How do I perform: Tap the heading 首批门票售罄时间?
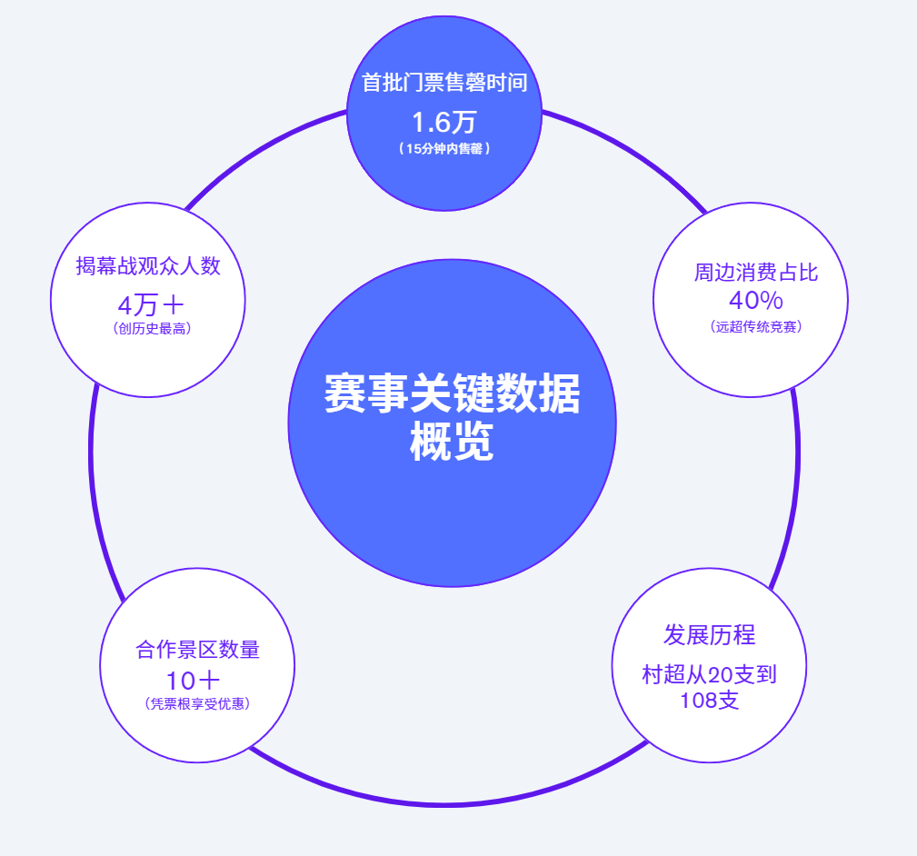pos(444,83)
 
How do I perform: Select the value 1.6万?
pos(444,122)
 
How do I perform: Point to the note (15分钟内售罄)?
pos(444,149)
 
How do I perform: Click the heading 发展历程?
pos(709,634)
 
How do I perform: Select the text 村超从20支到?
pos(709,674)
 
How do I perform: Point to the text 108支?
pos(709,701)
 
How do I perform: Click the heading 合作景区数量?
pos(197,650)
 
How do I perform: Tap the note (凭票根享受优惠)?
pos(197,703)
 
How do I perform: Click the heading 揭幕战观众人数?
pos(148,265)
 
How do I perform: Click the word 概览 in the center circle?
pos(452,444)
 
